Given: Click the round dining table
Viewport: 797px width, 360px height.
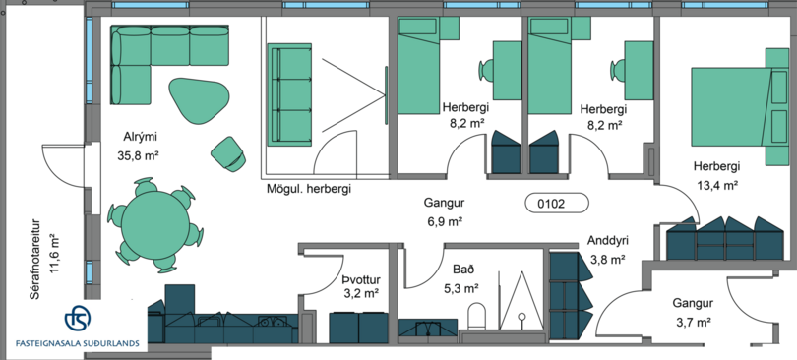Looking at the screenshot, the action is pyautogui.click(x=155, y=224).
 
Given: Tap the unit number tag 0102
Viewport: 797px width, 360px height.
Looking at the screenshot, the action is pyautogui.click(x=557, y=204).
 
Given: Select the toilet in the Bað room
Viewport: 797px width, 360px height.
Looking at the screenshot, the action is pyautogui.click(x=476, y=316).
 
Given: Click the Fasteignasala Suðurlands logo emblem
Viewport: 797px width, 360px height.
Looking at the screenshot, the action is pyautogui.click(x=78, y=318).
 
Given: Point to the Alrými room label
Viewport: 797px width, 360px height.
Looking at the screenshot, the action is pyautogui.click(x=140, y=137).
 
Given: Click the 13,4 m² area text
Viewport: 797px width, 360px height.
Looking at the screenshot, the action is pyautogui.click(x=716, y=185).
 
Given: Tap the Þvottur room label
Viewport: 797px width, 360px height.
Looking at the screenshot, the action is pyautogui.click(x=361, y=279).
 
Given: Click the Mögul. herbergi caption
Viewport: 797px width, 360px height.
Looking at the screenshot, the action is pyautogui.click(x=309, y=190).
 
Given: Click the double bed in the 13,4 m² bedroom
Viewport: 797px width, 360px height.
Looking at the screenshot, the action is pyautogui.click(x=730, y=107).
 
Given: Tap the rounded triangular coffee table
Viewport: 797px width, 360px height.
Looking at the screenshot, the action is pyautogui.click(x=199, y=100).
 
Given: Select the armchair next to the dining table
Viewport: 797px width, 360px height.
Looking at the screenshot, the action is pyautogui.click(x=228, y=153).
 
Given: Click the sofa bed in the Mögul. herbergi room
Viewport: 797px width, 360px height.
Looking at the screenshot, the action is pyautogui.click(x=289, y=95).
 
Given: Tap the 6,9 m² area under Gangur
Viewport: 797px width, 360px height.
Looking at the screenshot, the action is pyautogui.click(x=444, y=222).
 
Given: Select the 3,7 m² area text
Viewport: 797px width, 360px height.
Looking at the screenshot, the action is pyautogui.click(x=693, y=322).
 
